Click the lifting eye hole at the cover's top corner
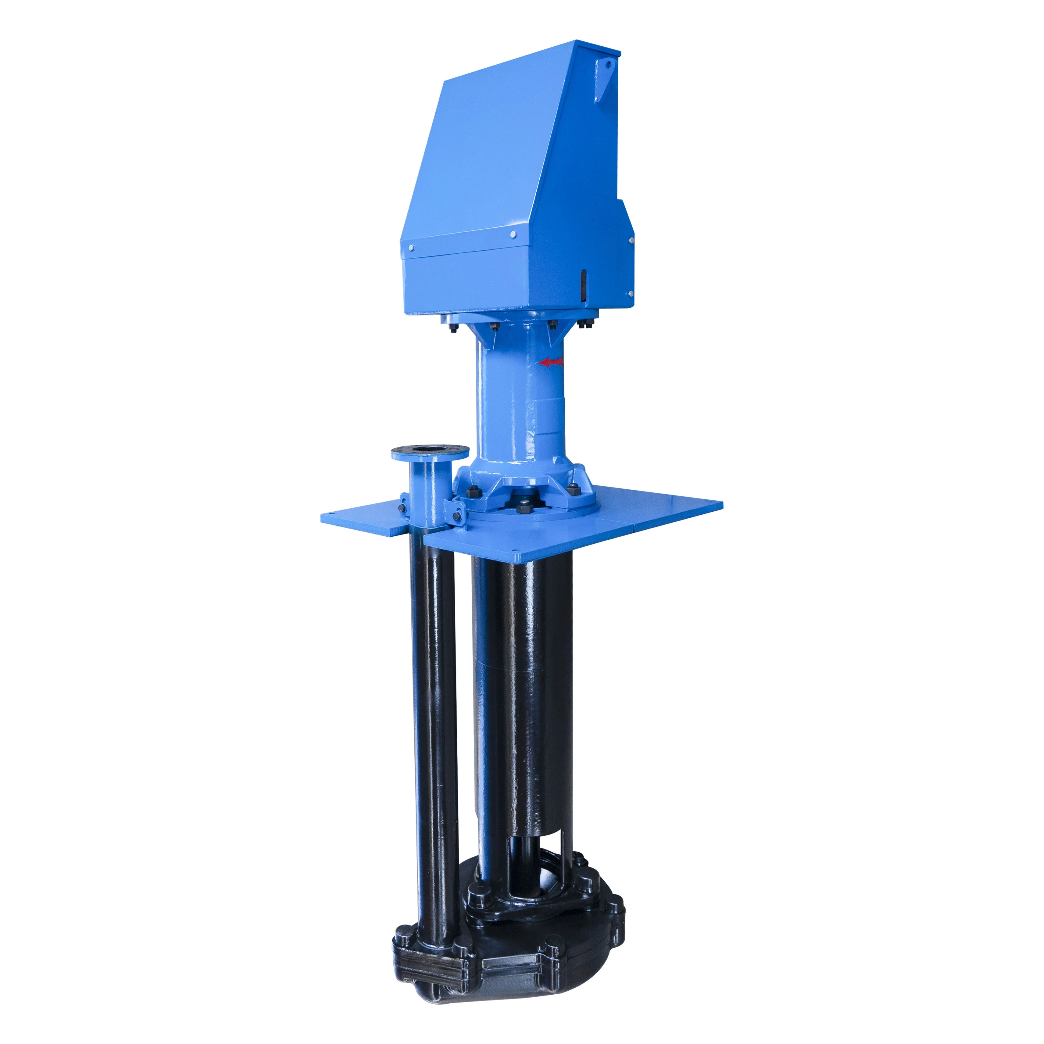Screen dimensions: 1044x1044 [609, 64]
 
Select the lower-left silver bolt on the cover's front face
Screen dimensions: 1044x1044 [411, 248]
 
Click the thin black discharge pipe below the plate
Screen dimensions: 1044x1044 [432, 703]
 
